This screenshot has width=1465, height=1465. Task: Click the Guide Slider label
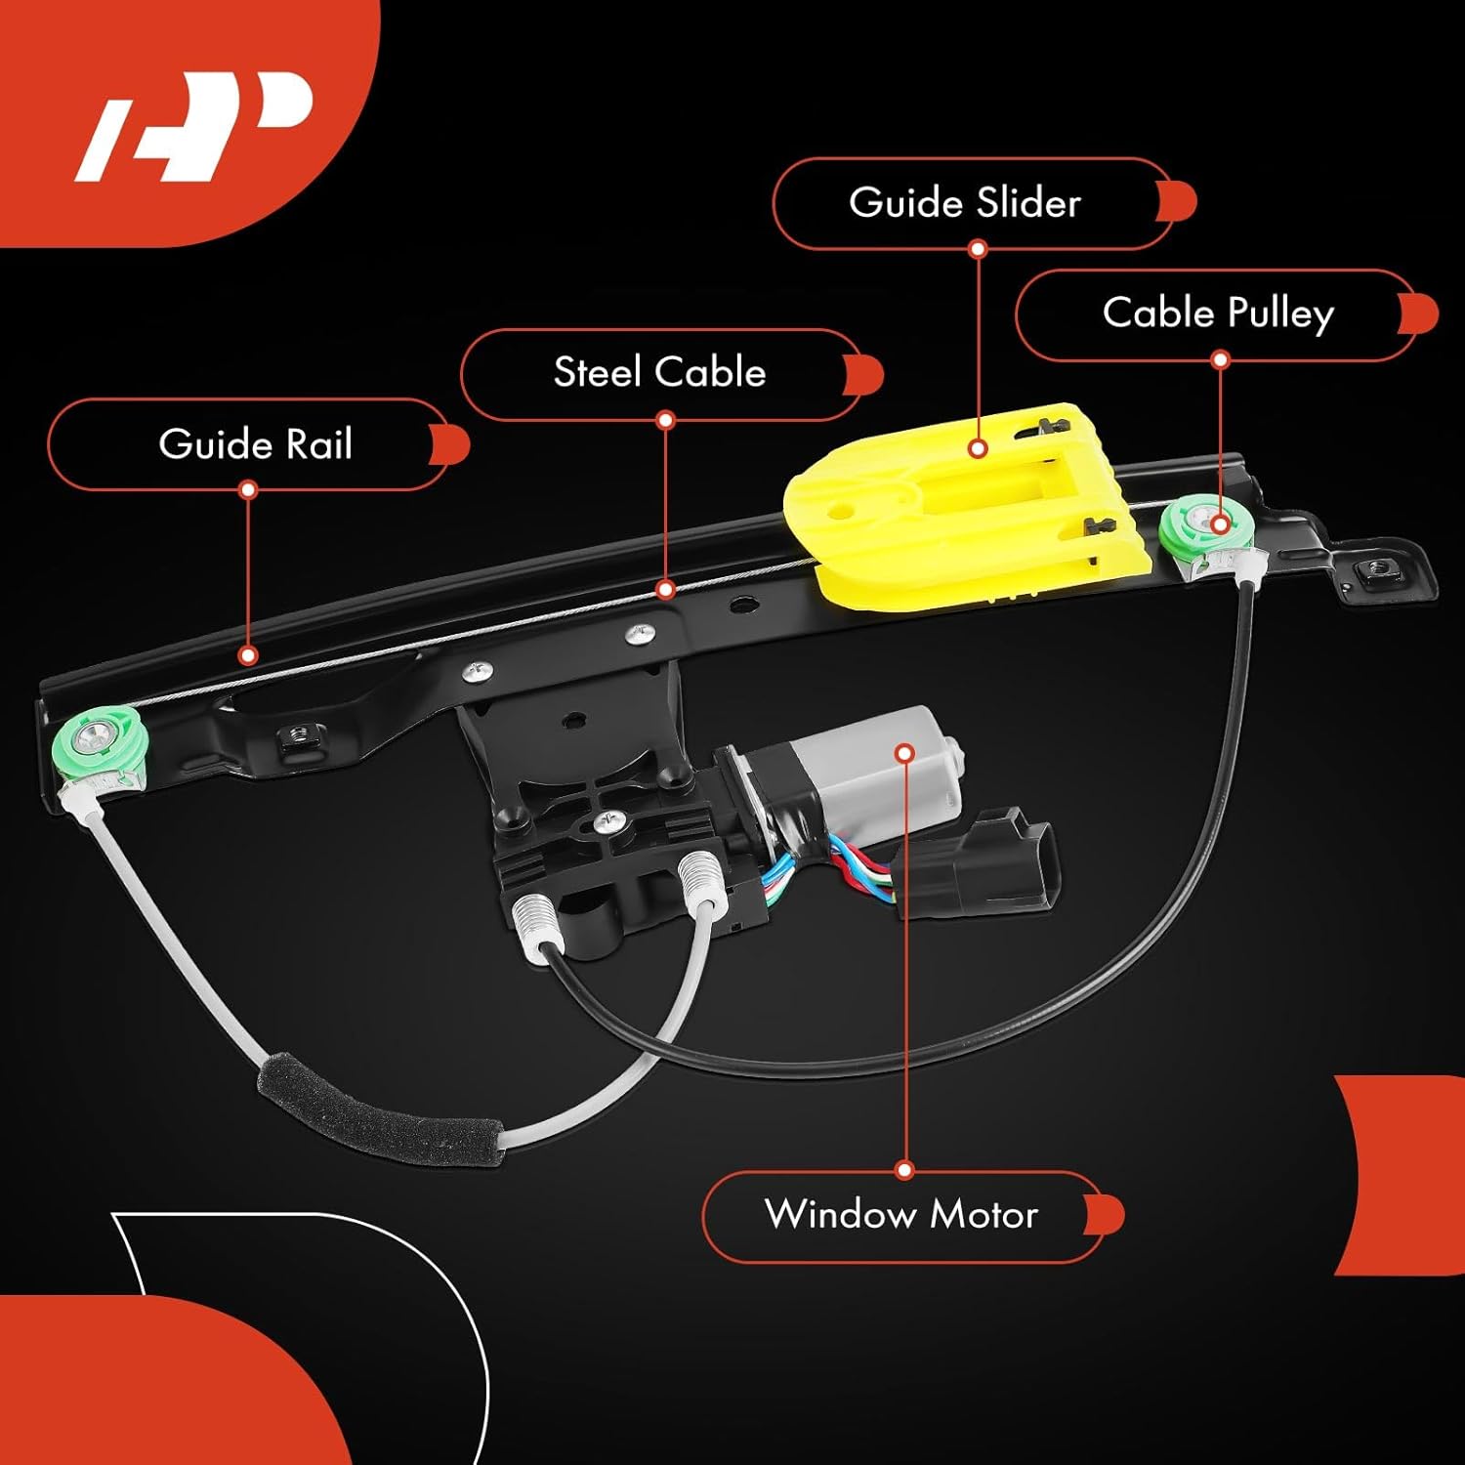(965, 203)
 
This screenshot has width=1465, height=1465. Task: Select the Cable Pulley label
(1217, 314)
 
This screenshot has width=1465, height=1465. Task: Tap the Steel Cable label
(659, 372)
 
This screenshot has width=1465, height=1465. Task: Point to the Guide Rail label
(255, 444)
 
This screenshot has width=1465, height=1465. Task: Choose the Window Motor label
(900, 1214)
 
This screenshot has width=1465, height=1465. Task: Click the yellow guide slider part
(938, 547)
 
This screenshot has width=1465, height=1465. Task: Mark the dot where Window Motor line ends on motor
(905, 753)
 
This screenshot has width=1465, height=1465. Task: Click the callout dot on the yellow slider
(978, 449)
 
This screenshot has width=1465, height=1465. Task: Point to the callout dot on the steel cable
(665, 589)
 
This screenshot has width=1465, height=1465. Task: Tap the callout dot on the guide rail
(248, 655)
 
